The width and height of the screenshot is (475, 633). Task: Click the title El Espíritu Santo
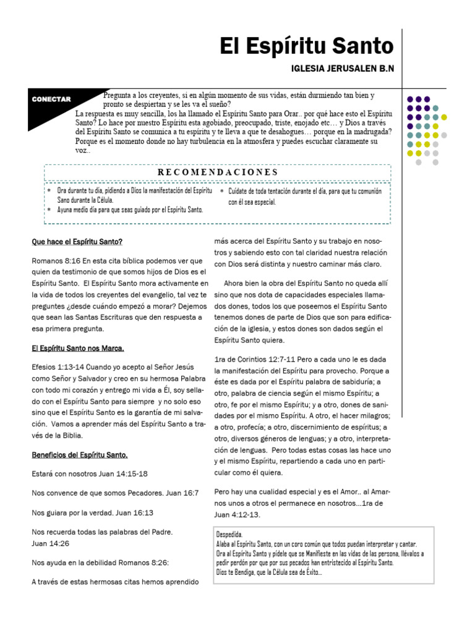pyautogui.click(x=307, y=46)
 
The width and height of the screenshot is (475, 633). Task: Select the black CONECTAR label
pyautogui.click(x=54, y=100)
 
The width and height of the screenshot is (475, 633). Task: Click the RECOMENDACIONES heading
pyautogui.click(x=217, y=172)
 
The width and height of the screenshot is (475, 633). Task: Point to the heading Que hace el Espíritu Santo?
pyautogui.click(x=81, y=242)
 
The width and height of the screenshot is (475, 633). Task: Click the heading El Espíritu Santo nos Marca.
pyautogui.click(x=78, y=348)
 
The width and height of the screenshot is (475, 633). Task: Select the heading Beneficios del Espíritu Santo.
pyautogui.click(x=80, y=456)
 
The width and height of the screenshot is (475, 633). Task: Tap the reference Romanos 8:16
pyautogui.click(x=53, y=260)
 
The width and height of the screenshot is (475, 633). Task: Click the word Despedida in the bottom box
pyautogui.click(x=229, y=533)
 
